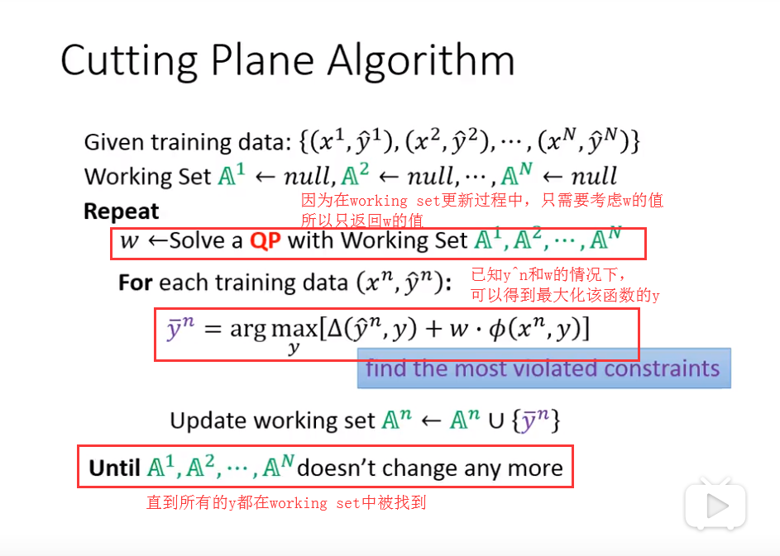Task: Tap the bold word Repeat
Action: (121, 211)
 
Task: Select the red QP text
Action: (266, 241)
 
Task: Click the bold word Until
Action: (114, 468)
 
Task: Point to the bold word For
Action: (135, 283)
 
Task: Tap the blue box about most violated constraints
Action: (543, 368)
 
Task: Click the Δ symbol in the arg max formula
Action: (337, 328)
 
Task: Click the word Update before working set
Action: (208, 421)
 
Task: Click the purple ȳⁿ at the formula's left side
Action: (179, 328)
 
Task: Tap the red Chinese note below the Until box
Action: (285, 502)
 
